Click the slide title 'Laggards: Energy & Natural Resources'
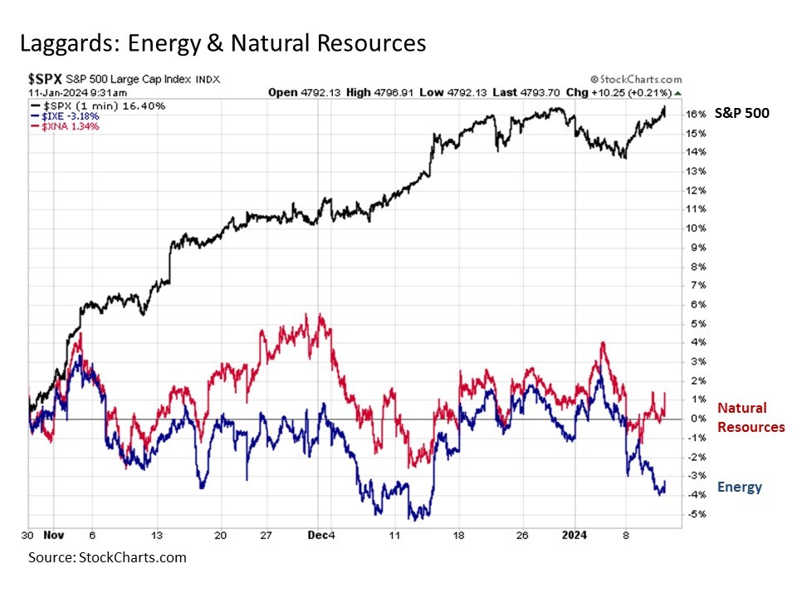[x=222, y=43]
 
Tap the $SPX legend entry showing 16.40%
[x=98, y=106]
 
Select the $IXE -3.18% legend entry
[x=66, y=116]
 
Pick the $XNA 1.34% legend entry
[x=66, y=126]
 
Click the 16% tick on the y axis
[x=696, y=114]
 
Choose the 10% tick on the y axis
[x=696, y=228]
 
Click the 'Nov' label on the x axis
[x=56, y=535]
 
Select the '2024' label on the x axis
[x=573, y=535]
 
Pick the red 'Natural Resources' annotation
[x=751, y=417]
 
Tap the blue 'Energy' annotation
[x=739, y=487]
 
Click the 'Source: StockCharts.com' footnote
[x=107, y=557]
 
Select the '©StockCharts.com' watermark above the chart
[x=636, y=79]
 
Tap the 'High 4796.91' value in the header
[x=368, y=92]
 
